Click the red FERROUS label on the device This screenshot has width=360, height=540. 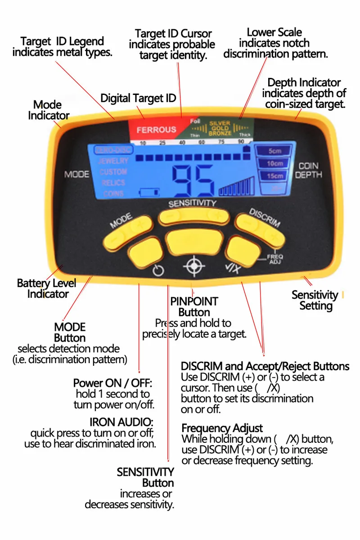pos(156,130)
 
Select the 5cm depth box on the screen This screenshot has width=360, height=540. pos(274,151)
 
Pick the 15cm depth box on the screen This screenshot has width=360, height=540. pos(274,175)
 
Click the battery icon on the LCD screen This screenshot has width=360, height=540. pos(149,193)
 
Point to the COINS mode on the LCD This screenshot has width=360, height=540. pos(113,193)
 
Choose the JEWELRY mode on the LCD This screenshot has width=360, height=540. pos(113,161)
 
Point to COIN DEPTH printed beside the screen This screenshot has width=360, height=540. pos(308,171)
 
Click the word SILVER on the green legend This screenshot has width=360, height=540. pos(219,123)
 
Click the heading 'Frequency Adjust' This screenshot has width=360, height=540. pos(222,428)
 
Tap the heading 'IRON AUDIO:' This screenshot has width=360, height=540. pos(121,422)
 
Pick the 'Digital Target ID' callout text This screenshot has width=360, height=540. pos(138,98)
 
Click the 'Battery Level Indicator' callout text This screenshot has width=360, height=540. pos(46,288)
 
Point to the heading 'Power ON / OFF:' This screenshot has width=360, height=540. pos(113,383)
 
